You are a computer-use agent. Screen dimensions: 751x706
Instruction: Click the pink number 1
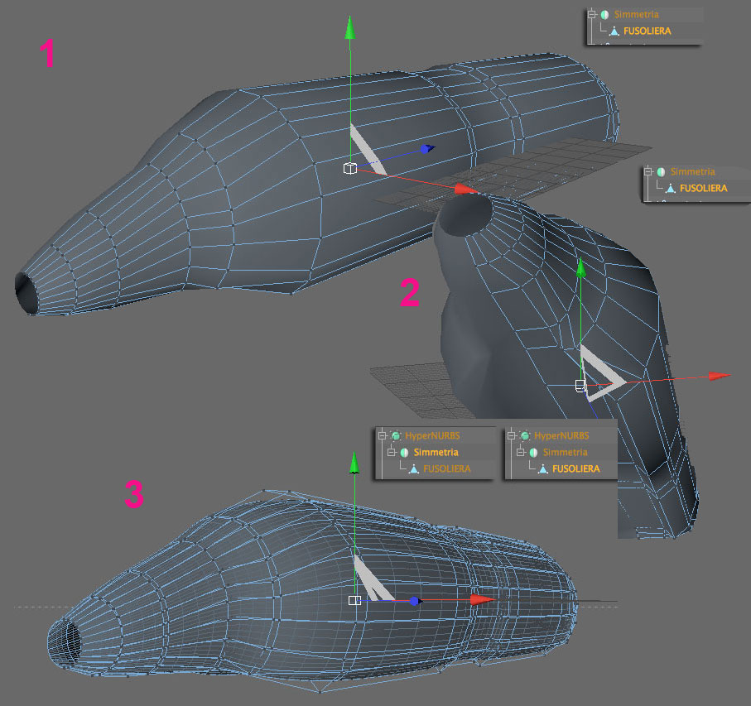pos(47,53)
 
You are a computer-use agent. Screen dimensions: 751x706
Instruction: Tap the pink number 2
pos(410,292)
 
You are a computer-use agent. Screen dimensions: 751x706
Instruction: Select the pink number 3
pos(134,494)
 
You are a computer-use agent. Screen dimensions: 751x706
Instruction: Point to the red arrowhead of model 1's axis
pos(465,189)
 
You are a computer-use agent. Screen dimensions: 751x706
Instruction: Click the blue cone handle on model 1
pos(426,149)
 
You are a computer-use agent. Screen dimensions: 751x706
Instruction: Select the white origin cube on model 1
pos(350,169)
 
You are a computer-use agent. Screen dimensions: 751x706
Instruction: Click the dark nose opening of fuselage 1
pos(26,293)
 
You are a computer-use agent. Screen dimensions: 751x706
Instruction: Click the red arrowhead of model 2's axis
pos(720,376)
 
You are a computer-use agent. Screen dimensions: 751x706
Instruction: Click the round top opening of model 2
pos(465,215)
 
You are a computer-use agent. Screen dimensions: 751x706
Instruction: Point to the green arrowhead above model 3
pos(354,463)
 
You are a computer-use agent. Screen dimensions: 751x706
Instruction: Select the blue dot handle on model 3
pos(415,601)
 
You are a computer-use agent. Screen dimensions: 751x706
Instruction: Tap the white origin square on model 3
pos(355,600)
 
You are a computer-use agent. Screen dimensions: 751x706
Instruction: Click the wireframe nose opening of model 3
pos(64,642)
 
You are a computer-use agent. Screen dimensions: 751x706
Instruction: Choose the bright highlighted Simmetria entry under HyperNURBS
pos(436,452)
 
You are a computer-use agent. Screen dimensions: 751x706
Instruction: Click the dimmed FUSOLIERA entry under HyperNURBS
pos(447,468)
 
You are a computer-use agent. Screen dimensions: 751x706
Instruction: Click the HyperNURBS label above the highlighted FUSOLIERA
pos(561,435)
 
